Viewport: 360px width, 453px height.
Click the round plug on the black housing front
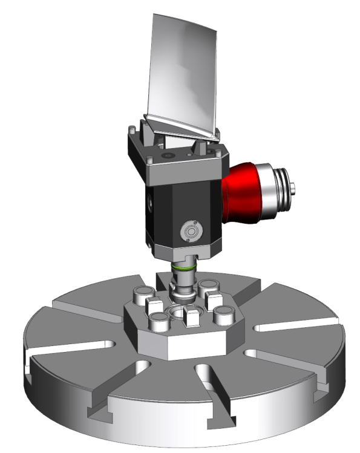[192, 231]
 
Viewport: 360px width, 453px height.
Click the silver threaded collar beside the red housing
[275, 184]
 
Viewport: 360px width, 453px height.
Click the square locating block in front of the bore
[191, 315]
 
